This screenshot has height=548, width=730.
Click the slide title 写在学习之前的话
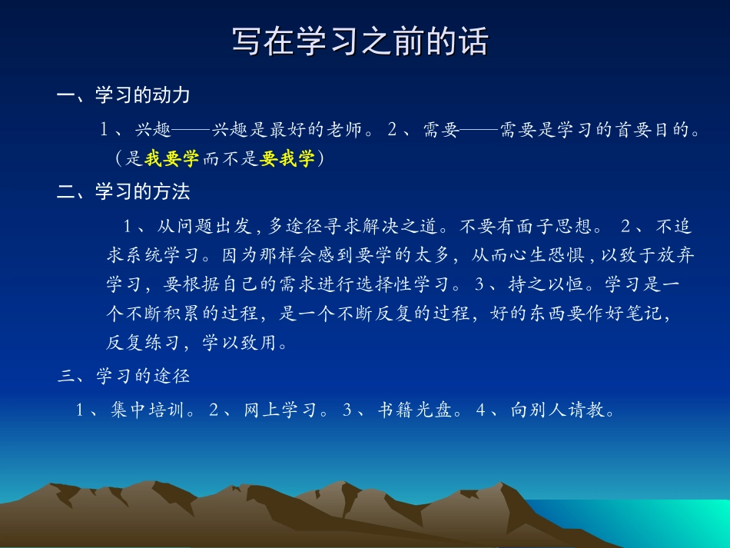coord(360,42)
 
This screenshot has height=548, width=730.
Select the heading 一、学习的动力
coord(123,95)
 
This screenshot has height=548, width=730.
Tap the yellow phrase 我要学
coord(171,159)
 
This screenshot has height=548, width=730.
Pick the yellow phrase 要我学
coord(287,159)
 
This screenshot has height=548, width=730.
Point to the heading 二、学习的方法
coord(123,191)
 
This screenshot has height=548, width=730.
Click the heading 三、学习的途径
coord(124,376)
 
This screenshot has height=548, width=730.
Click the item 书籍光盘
coord(414,410)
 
